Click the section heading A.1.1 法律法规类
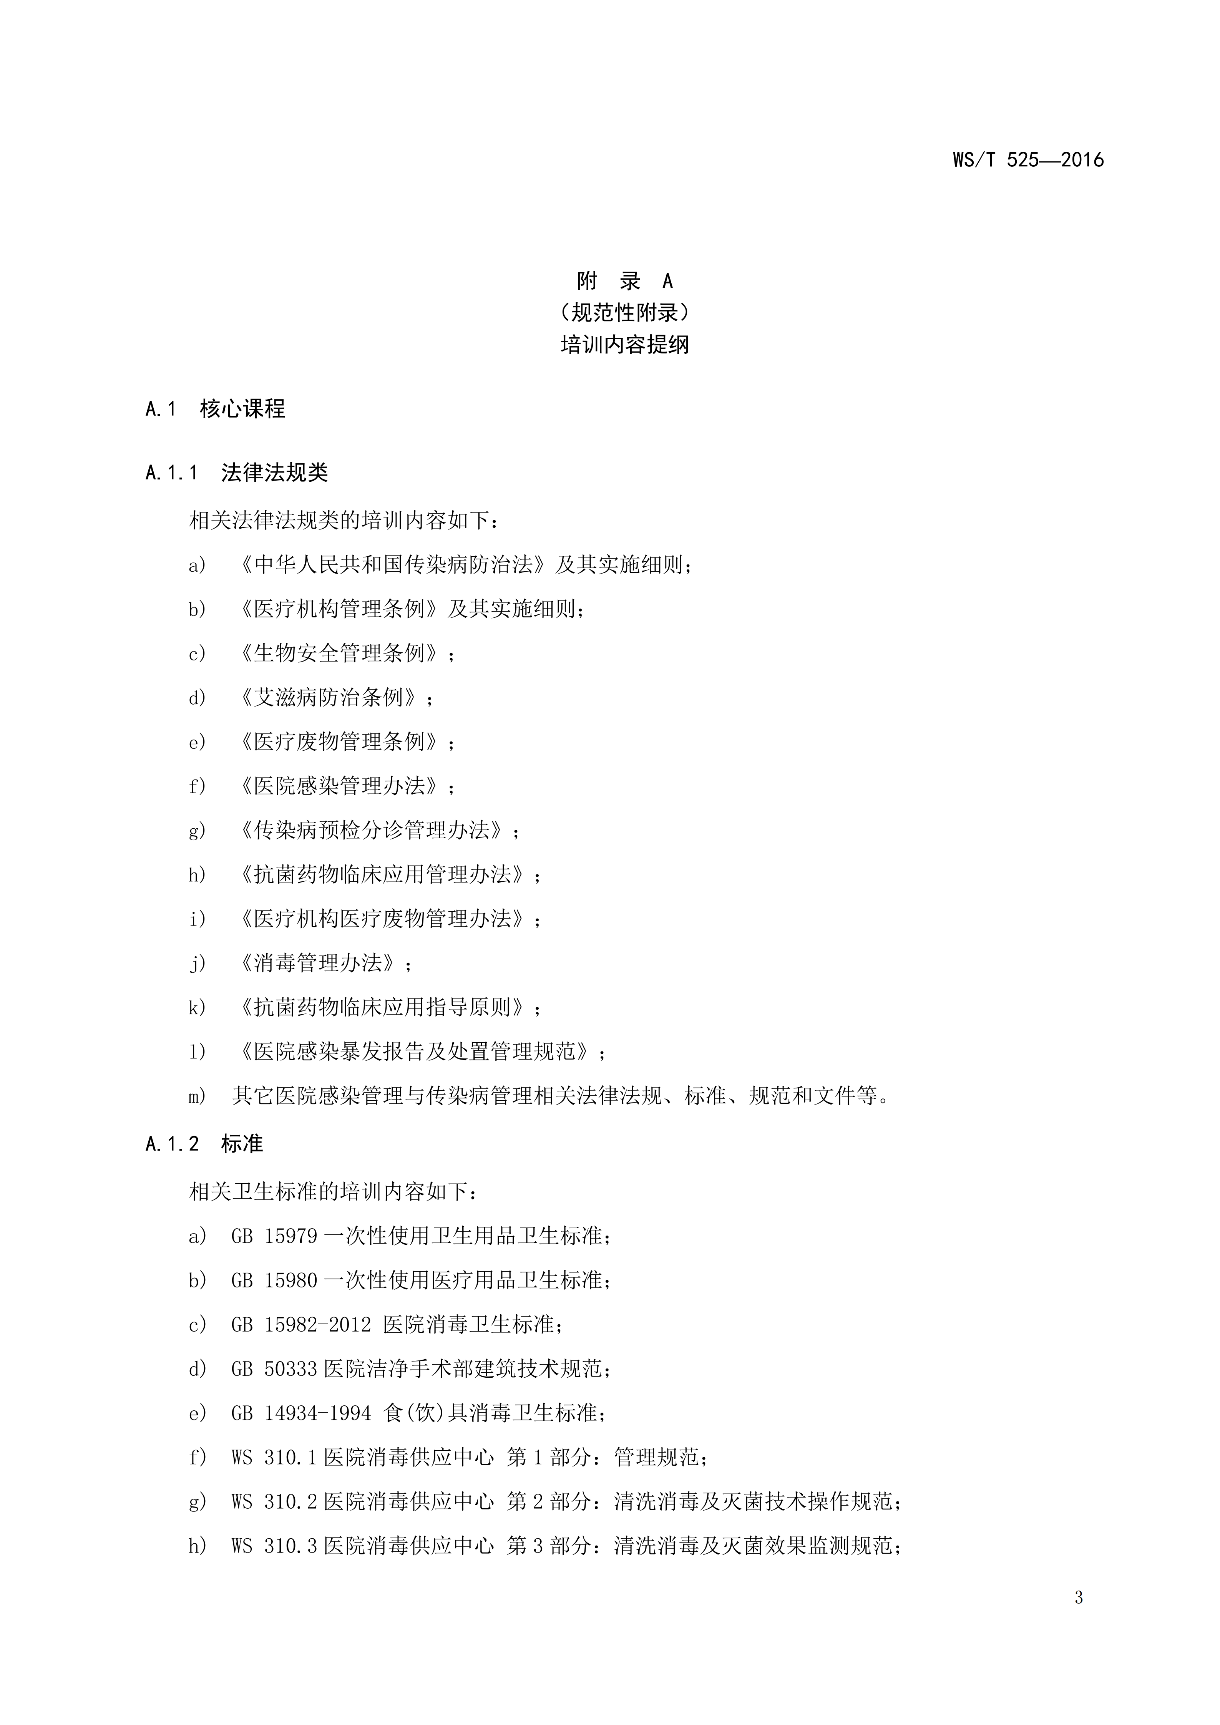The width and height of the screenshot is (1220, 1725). coord(237,473)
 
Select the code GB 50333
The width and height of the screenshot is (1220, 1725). coord(275,1369)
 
